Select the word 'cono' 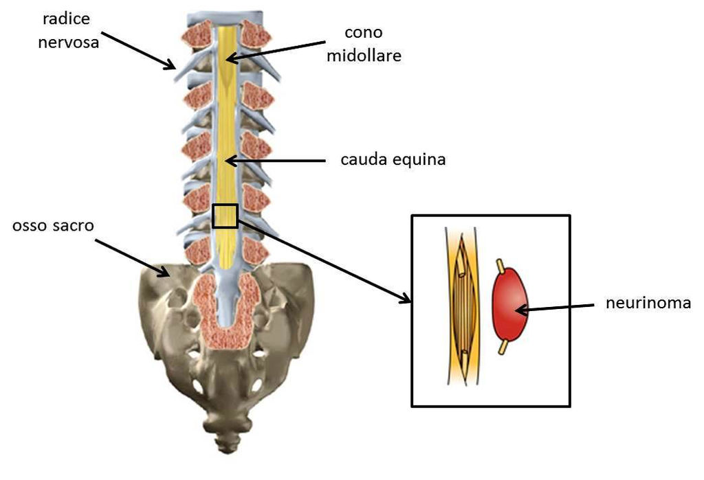[x=364, y=33]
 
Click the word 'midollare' [x=363, y=55]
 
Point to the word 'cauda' [x=364, y=160]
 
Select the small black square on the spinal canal [x=225, y=216]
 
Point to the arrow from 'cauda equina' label [x=275, y=161]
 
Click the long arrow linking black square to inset [x=323, y=260]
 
